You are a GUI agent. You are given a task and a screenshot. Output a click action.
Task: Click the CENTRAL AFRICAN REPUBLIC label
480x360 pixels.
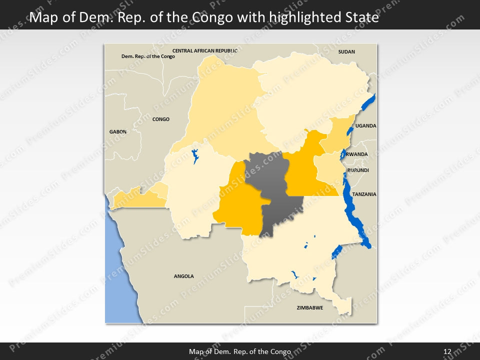(204, 51)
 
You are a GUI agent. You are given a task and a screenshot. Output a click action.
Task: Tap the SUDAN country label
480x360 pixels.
(346, 52)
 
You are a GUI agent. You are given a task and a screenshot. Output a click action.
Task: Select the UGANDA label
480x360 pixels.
(365, 126)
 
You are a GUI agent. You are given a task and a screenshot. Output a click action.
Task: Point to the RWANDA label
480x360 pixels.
(357, 154)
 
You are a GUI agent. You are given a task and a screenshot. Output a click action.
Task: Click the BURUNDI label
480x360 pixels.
(358, 170)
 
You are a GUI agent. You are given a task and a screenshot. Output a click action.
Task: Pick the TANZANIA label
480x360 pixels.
(364, 194)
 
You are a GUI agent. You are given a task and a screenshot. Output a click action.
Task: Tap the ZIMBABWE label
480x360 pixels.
(309, 308)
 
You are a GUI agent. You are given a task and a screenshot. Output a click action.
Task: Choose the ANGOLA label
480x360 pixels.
(183, 276)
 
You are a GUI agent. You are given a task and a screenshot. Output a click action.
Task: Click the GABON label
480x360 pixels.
(118, 132)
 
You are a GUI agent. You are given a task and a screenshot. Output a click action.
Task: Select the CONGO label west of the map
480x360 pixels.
(161, 119)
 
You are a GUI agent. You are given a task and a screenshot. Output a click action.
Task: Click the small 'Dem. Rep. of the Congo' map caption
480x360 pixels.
(148, 56)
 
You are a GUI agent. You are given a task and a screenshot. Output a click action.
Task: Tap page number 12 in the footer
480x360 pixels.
(447, 351)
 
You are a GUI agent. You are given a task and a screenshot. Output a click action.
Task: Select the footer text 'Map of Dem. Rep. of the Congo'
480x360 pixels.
(240, 351)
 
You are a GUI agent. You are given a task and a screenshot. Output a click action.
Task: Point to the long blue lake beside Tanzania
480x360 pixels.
(356, 210)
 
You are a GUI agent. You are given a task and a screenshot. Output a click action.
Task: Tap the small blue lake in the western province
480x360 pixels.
(195, 155)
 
